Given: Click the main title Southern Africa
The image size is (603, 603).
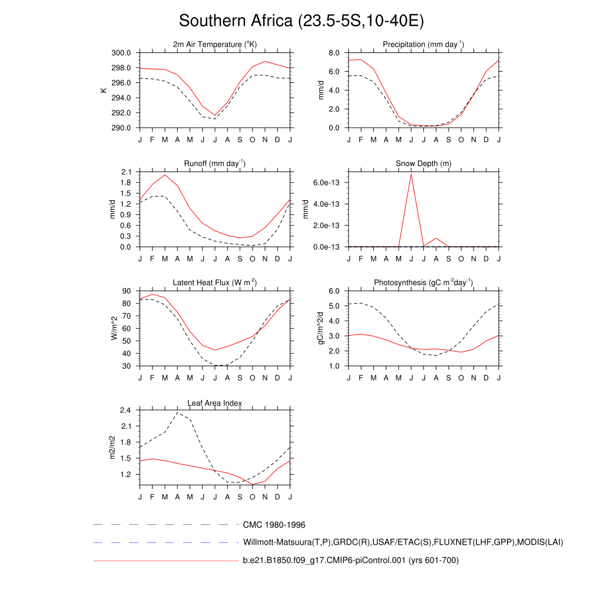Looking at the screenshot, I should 301,21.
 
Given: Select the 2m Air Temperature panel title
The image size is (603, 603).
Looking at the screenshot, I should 215,45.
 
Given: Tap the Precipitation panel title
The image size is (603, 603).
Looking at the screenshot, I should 423,45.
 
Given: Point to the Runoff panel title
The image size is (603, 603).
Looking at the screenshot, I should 215,164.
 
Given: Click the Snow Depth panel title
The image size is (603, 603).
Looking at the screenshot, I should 423,164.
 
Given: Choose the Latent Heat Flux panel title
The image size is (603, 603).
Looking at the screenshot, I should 215,283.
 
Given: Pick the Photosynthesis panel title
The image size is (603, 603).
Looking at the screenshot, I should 423,283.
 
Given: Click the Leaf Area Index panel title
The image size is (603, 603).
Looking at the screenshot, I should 215,403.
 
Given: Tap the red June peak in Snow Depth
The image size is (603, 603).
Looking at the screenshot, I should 411,174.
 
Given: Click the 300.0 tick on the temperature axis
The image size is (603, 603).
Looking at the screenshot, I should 122,53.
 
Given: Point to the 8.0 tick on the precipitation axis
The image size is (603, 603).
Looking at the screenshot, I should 333,53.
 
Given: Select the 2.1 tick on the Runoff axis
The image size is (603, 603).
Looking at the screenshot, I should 125,172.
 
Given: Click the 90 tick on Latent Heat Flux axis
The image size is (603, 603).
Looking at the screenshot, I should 127,291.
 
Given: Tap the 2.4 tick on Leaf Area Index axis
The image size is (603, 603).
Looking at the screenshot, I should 125,410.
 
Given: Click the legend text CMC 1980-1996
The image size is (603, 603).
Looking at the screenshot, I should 274,524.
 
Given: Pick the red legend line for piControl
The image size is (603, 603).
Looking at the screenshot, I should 165,561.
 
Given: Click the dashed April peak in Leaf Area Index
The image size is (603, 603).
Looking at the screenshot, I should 177,412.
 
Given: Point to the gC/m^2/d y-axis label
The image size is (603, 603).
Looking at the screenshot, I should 322,328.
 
